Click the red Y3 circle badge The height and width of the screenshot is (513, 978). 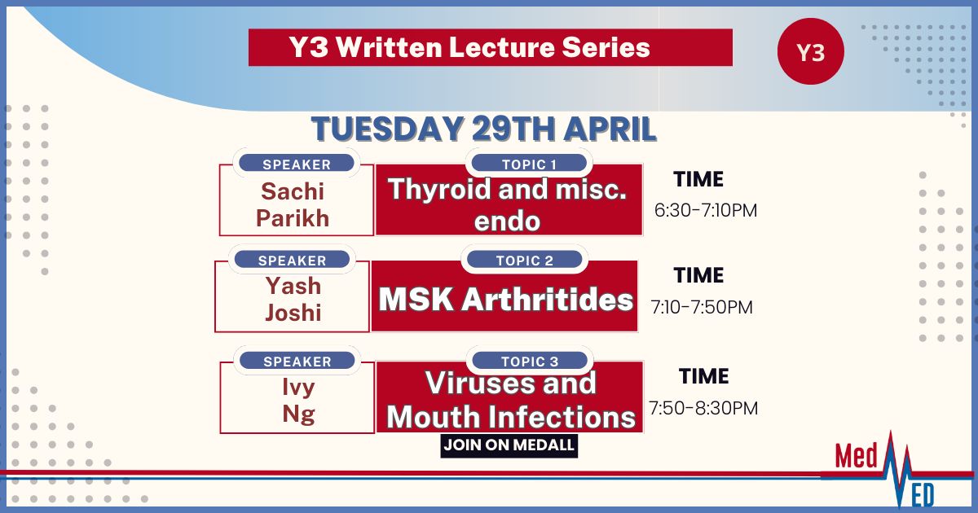click(811, 51)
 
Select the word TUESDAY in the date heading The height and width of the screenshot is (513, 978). click(387, 129)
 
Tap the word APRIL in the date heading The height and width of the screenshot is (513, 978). click(610, 129)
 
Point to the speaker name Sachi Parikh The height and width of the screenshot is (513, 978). click(293, 204)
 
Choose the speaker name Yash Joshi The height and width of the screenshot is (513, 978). click(293, 300)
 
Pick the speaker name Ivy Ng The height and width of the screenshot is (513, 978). click(298, 401)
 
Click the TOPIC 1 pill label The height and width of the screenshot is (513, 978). click(529, 164)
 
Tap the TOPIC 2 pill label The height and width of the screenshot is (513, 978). click(524, 260)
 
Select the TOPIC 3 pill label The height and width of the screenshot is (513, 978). click(530, 362)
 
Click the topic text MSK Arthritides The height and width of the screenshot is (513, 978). click(505, 300)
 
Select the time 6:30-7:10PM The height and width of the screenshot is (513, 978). click(706, 210)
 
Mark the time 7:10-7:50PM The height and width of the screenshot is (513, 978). click(702, 307)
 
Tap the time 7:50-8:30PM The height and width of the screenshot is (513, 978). click(703, 408)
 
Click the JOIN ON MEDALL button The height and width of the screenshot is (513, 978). click(509, 445)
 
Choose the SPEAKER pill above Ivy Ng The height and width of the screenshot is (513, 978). click(297, 362)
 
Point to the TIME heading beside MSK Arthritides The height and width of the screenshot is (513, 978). click(698, 275)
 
